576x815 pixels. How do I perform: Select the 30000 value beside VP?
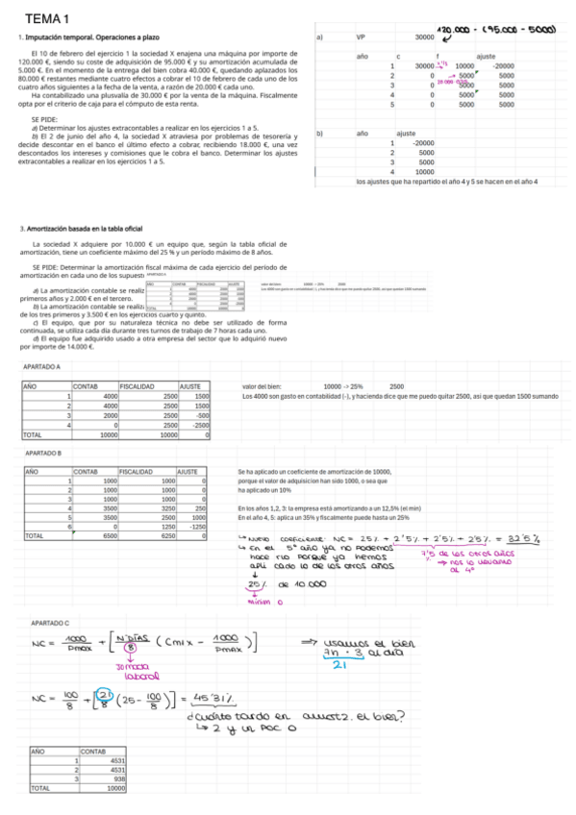coord(424,37)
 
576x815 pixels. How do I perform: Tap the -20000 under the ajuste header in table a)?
coord(504,65)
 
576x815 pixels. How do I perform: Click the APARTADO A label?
coord(42,366)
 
